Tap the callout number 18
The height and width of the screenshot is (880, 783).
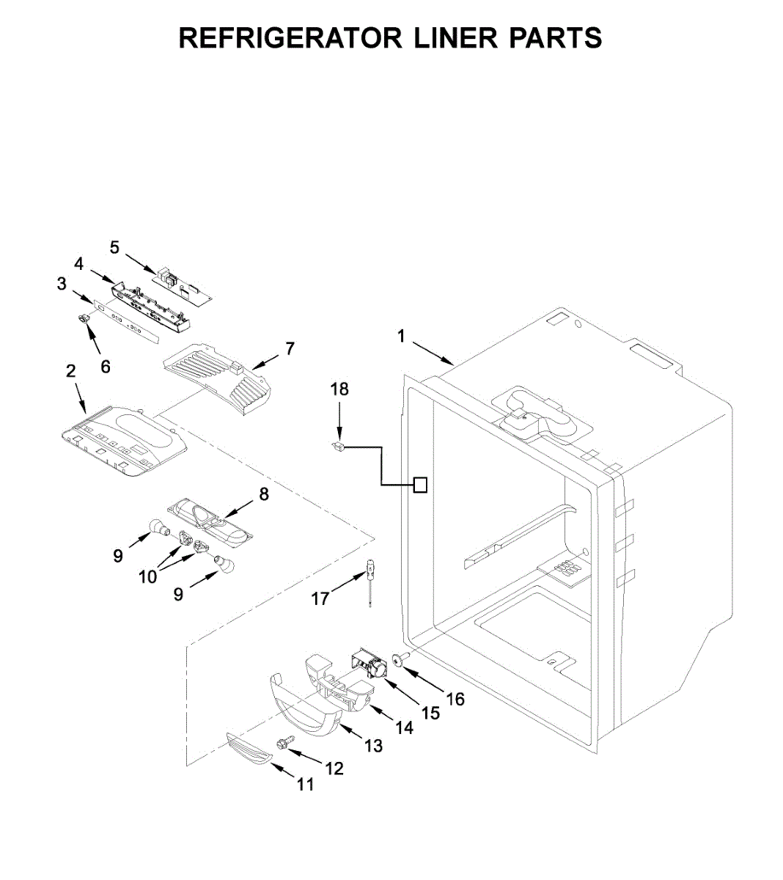pos(339,389)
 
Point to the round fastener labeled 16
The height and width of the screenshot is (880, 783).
pos(401,660)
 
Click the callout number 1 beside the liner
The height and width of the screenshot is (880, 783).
pos(401,337)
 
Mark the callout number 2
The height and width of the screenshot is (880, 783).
pos(71,371)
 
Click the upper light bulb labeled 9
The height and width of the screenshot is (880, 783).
pos(156,527)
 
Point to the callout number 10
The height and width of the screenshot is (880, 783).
pos(148,576)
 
